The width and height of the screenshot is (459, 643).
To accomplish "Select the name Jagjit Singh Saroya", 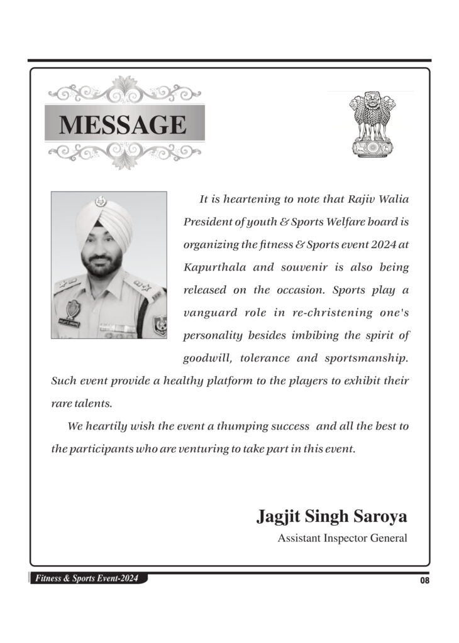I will (x=332, y=517).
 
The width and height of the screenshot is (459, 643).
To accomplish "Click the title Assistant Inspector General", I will (x=343, y=538).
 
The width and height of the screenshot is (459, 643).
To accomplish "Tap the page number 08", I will (x=425, y=580).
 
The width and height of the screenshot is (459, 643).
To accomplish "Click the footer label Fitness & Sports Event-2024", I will (x=87, y=578).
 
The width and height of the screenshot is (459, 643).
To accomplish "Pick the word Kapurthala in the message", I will (x=211, y=267).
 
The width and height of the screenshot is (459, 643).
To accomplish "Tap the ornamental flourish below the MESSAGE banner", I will (x=124, y=154).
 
